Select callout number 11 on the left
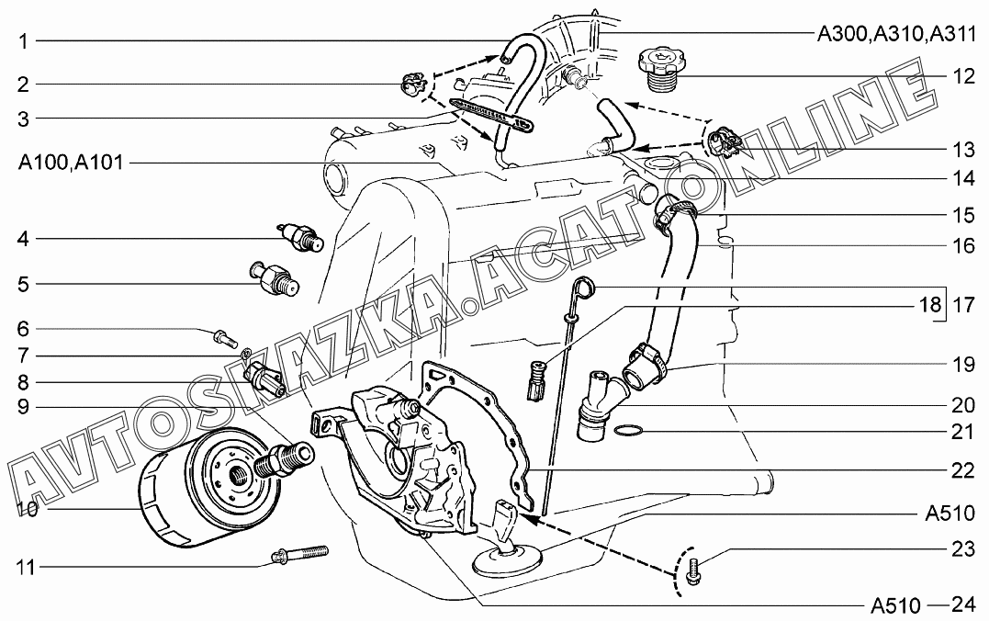pyautogui.click(x=26, y=568)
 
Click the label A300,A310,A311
pyautogui.click(x=896, y=33)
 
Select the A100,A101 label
pyautogui.click(x=71, y=163)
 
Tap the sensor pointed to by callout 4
pyautogui.click(x=300, y=237)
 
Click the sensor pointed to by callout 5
pyautogui.click(x=275, y=277)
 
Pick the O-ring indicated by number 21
pyautogui.click(x=629, y=431)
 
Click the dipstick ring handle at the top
pyautogui.click(x=585, y=288)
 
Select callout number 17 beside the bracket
pyautogui.click(x=963, y=305)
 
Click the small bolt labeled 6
pyautogui.click(x=225, y=337)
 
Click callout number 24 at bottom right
pyautogui.click(x=963, y=604)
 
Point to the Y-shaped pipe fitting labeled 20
pyautogui.click(x=596, y=404)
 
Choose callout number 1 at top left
pyautogui.click(x=23, y=41)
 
